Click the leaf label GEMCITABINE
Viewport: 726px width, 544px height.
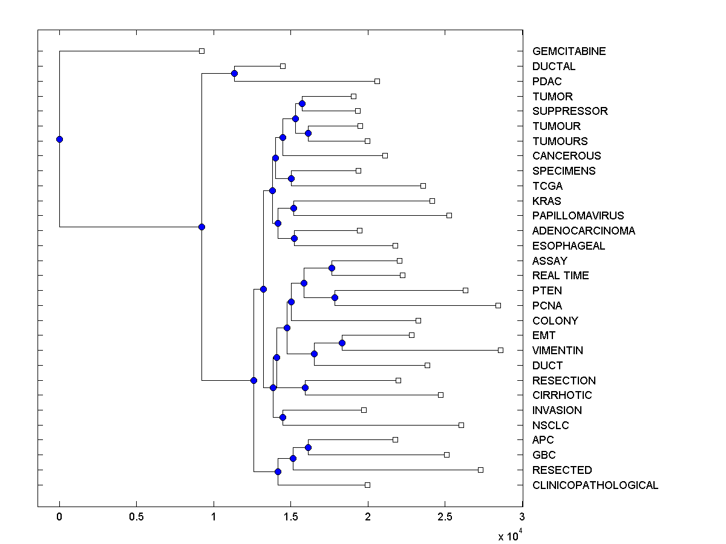pyautogui.click(x=569, y=51)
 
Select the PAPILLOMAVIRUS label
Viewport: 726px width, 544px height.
pyautogui.click(x=578, y=216)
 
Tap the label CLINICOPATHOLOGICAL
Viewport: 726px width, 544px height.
pyautogui.click(x=595, y=485)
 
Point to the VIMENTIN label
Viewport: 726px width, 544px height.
pyautogui.click(x=558, y=351)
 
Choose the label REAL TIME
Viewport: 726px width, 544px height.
pyautogui.click(x=560, y=276)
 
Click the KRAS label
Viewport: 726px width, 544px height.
pyautogui.click(x=546, y=201)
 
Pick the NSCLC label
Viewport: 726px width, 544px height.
pyautogui.click(x=551, y=426)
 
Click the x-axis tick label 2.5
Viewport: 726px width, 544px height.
pyautogui.click(x=445, y=517)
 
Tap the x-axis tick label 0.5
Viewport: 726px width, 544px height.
pyautogui.click(x=136, y=517)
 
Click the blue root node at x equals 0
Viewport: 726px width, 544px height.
pyautogui.click(x=59, y=139)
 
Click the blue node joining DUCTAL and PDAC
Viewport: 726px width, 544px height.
pyautogui.click(x=234, y=74)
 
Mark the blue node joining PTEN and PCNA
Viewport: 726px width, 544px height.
pyautogui.click(x=335, y=297)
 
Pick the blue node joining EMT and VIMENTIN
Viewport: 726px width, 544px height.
pyautogui.click(x=342, y=343)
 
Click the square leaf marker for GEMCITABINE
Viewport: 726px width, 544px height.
pyautogui.click(x=201, y=51)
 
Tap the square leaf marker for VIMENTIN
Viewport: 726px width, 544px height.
pyautogui.click(x=500, y=350)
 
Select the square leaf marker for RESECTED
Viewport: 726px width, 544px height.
pyautogui.click(x=480, y=470)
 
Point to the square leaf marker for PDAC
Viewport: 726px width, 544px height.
pyautogui.click(x=377, y=81)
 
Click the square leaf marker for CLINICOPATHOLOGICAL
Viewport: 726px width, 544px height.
pyautogui.click(x=367, y=485)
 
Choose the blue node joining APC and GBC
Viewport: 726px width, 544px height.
pyautogui.click(x=308, y=447)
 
